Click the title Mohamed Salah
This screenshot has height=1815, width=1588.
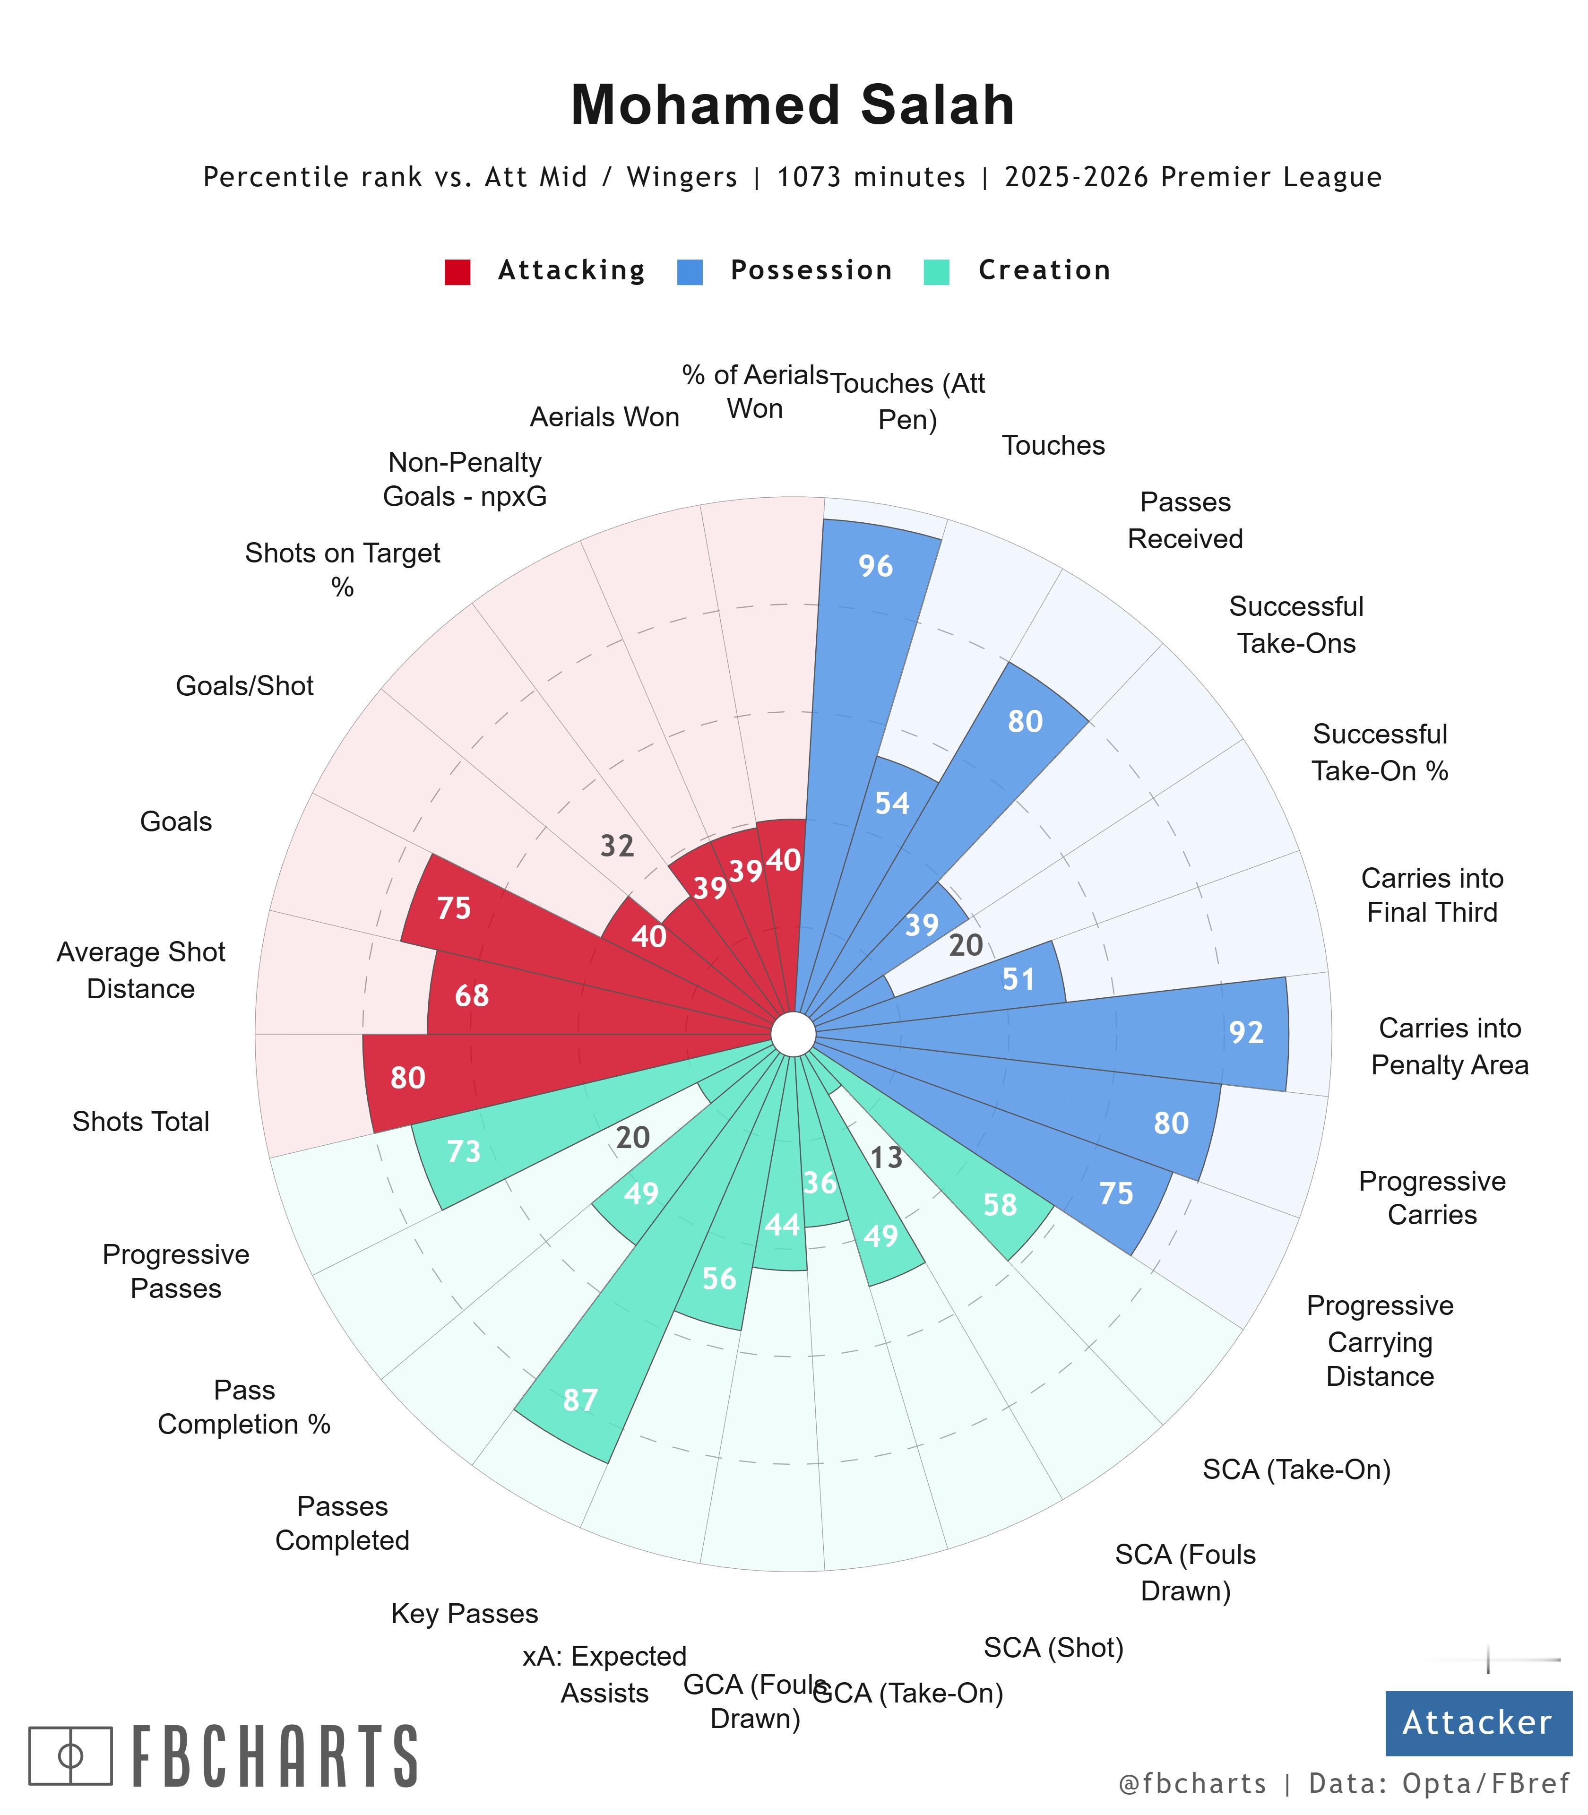(792, 105)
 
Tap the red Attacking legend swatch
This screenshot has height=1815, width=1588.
(457, 271)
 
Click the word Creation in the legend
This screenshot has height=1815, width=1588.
(1044, 270)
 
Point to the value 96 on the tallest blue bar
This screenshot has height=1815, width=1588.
(875, 566)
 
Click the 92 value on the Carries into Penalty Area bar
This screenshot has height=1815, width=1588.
(1246, 1032)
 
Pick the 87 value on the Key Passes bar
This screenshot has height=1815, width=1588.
(580, 1400)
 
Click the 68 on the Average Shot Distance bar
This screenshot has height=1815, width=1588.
(472, 996)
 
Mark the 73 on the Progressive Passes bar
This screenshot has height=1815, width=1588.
(464, 1151)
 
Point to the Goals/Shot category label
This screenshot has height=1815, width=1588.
(245, 686)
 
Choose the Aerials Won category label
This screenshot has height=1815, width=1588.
(604, 417)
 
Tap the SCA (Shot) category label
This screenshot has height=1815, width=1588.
(1053, 1648)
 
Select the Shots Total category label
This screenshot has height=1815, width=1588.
(141, 1122)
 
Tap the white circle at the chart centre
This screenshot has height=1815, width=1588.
(793, 1034)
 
